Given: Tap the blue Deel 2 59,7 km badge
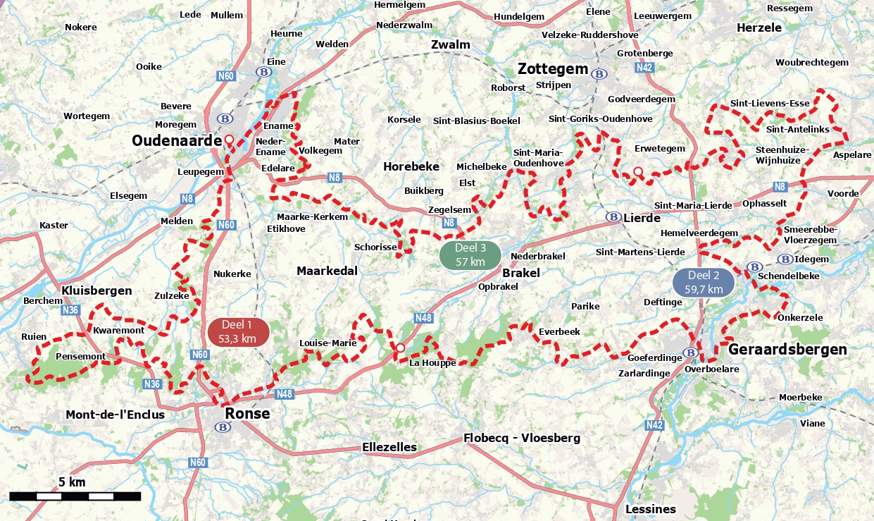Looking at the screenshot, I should pos(704,282).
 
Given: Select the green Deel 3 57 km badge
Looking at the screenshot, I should pos(470,255).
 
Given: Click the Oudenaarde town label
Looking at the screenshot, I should pos(177,141).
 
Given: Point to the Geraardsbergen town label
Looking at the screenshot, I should pos(787,350).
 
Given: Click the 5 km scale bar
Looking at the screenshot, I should pos(75,496).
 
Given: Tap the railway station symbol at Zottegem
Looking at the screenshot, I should pos(599,73).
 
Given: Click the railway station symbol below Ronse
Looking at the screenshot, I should pos(223,427).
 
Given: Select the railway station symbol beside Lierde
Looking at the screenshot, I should pos(613,217).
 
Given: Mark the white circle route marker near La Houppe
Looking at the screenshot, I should pos(400,348).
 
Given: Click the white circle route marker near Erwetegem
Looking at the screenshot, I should pos(638,171).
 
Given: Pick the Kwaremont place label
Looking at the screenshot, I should pos(118,330).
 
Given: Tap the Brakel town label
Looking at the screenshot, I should pos(521,273).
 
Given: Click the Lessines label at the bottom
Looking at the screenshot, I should pos(650,509).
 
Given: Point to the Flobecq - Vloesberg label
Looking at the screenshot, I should pos(521,438).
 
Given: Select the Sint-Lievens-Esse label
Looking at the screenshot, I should pos(769,103).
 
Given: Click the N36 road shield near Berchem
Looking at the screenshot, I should pos(70,309).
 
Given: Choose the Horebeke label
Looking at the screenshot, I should pos(411,166).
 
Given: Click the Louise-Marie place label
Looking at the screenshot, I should pos(327,343).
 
